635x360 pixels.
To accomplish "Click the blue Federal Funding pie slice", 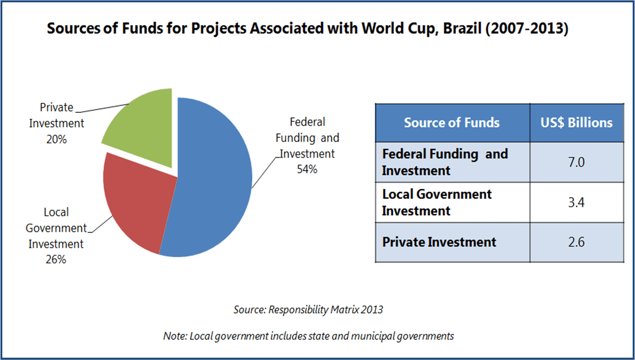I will (x=213, y=180).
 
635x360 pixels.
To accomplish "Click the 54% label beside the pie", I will (x=307, y=169).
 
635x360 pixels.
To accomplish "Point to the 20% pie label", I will (x=57, y=139).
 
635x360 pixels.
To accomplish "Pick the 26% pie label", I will (x=56, y=260).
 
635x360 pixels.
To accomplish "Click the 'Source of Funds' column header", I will (x=452, y=123).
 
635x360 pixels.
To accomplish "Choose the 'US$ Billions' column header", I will (x=577, y=123).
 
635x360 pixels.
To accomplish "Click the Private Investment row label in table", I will (x=439, y=242).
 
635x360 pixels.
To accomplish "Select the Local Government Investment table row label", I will (x=436, y=202).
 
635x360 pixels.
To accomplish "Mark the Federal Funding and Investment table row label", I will (x=444, y=162).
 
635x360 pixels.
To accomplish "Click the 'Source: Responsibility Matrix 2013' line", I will (x=308, y=310).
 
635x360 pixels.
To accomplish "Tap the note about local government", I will (x=308, y=336).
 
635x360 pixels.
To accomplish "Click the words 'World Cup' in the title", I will (x=398, y=29).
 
